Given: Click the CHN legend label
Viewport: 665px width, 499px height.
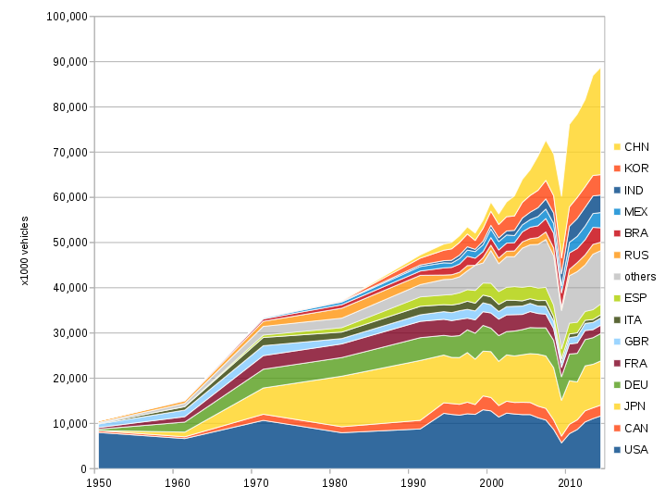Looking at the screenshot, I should tap(636, 147).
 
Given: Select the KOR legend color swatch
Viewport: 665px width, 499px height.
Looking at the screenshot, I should tap(616, 168).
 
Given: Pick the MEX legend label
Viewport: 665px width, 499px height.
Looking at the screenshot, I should tap(636, 212).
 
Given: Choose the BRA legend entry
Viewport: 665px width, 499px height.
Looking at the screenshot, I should tap(636, 233).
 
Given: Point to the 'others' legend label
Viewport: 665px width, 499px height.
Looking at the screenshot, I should tap(640, 277).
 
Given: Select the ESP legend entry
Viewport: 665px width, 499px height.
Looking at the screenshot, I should tap(636, 298).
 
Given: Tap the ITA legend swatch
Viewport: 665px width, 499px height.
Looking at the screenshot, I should tap(616, 320).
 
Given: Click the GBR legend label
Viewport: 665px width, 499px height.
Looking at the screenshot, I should tap(636, 342).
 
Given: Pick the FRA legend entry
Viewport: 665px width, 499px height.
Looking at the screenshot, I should tap(636, 363).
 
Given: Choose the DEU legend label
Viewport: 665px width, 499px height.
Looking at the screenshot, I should tap(636, 385).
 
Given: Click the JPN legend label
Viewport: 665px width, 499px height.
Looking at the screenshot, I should tap(636, 406).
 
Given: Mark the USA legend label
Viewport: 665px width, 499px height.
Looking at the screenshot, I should tap(636, 450).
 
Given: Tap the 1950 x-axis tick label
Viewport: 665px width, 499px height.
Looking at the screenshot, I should tap(97, 483).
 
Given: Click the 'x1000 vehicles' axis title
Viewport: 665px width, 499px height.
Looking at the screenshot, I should tap(25, 251).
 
